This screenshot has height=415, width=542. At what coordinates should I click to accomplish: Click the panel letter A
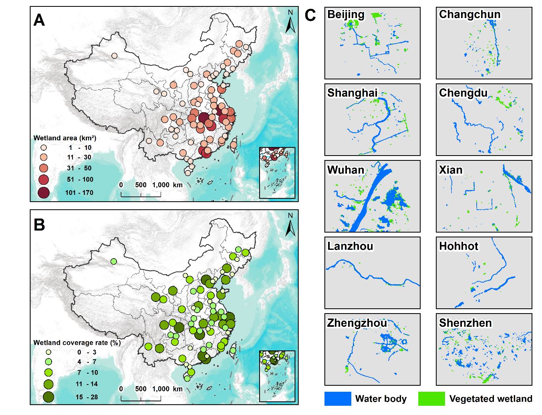39,20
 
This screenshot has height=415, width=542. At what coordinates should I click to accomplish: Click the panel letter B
39,225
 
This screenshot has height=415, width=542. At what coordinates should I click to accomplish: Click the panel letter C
310,15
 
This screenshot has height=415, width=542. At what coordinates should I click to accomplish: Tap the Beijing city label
346,15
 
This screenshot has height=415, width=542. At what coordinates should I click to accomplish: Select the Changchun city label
469,15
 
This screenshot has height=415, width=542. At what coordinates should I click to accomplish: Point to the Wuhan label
346,170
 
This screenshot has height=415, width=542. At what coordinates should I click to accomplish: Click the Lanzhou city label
350,246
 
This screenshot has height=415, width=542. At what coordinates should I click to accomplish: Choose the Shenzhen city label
465,323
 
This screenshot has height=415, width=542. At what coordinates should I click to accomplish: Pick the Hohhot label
459,246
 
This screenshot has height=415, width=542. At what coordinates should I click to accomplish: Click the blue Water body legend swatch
338,399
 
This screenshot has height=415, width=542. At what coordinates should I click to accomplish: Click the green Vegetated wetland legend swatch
431,399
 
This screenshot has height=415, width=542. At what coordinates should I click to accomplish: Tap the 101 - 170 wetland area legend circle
44,192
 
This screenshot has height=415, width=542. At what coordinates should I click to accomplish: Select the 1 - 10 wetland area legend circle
44,148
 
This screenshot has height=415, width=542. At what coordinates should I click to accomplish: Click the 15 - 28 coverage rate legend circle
48,397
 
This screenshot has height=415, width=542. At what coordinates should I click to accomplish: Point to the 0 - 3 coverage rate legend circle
48,352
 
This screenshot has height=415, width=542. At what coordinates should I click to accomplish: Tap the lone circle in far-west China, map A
115,56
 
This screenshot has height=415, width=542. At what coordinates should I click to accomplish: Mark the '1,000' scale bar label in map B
161,389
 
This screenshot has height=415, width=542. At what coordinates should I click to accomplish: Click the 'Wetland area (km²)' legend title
65,138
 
